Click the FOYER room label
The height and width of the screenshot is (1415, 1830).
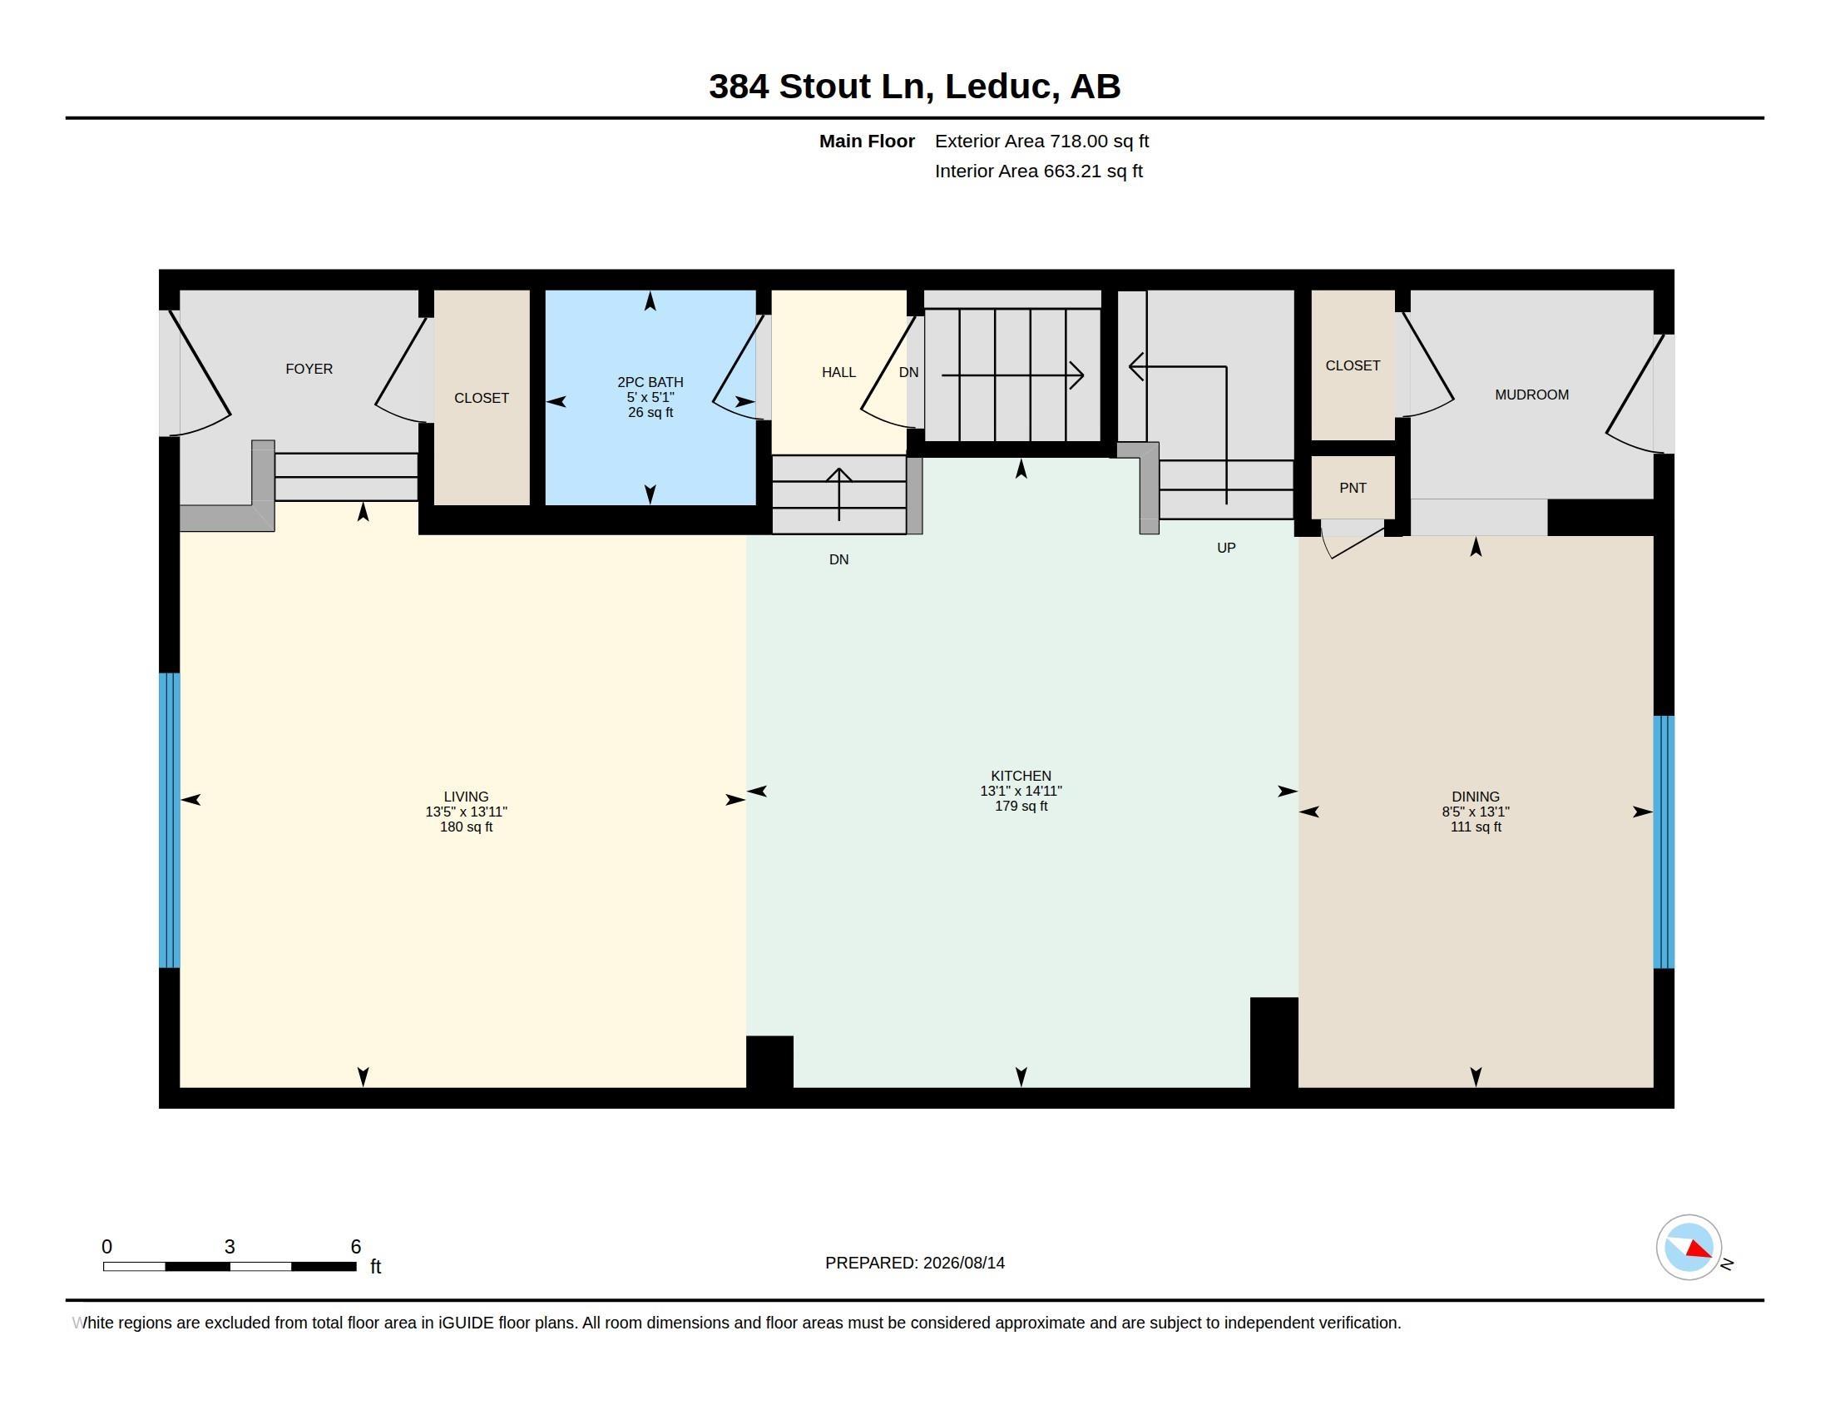click(x=309, y=369)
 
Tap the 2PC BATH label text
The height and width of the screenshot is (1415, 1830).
click(x=650, y=382)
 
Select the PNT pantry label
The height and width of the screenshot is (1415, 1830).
click(x=1353, y=488)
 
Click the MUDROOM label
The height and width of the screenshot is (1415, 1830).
click(x=1531, y=395)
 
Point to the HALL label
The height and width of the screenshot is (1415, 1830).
click(x=838, y=372)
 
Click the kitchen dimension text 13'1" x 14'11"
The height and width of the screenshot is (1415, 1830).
click(x=1021, y=791)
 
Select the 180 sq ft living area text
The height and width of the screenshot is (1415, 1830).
click(x=466, y=827)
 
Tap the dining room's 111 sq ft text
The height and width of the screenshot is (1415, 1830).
click(x=1476, y=827)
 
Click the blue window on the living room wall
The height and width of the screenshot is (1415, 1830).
click(x=169, y=821)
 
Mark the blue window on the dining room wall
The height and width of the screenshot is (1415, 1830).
click(x=1664, y=842)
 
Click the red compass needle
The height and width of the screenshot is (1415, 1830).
click(x=1699, y=1250)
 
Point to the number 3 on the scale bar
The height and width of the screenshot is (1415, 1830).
click(x=230, y=1247)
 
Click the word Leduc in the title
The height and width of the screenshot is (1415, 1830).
click(x=998, y=87)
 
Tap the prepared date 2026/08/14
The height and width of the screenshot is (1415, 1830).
click(x=963, y=1263)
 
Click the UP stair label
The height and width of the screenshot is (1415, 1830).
click(x=1226, y=549)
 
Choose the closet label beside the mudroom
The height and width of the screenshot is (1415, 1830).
click(x=1353, y=365)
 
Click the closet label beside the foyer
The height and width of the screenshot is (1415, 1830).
click(x=481, y=398)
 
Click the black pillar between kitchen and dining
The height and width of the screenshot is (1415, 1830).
click(x=1274, y=1042)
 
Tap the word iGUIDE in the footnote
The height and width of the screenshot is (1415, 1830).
click(x=466, y=1323)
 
